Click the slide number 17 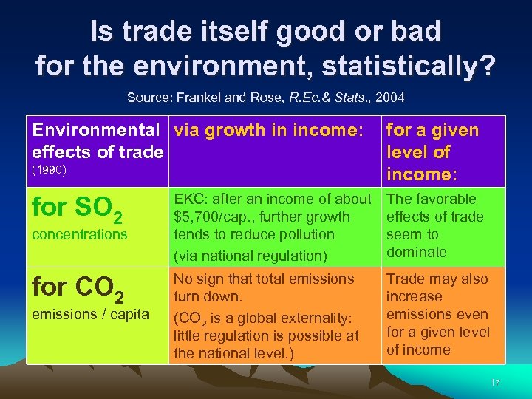click(494, 383)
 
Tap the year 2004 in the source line click(389, 98)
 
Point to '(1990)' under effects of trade click(50, 169)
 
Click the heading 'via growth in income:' click(267, 131)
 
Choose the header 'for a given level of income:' click(432, 152)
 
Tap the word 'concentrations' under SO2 click(80, 234)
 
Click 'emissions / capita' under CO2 click(89, 314)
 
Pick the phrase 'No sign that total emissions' click(264, 279)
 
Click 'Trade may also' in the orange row click(437, 279)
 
